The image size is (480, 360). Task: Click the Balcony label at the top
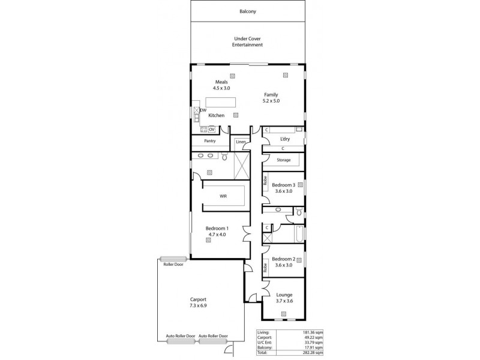(248, 11)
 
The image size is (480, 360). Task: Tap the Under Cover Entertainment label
(248, 41)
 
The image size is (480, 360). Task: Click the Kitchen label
(216, 115)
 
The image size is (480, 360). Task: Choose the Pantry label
(209, 141)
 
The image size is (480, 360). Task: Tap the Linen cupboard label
(241, 142)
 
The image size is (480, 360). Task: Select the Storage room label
(284, 160)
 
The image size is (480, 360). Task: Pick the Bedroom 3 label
(284, 188)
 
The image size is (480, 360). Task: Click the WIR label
(223, 196)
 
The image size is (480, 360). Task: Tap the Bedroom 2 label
(284, 261)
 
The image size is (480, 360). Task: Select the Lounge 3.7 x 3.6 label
(284, 298)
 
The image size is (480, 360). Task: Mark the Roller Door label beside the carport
(173, 264)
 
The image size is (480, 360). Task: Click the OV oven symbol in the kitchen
(212, 129)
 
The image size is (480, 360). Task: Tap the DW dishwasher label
(203, 110)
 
